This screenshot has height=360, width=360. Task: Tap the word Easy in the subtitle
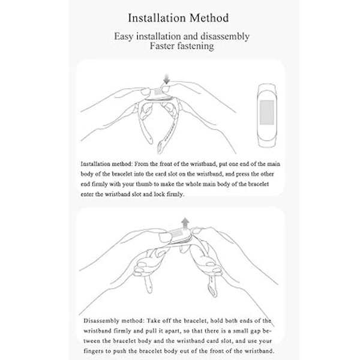coord(125,37)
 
